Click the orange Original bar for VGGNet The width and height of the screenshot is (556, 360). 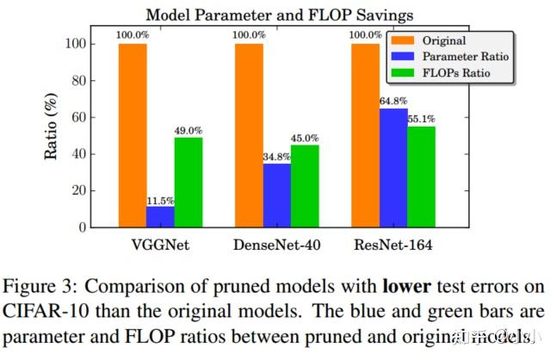point(133,135)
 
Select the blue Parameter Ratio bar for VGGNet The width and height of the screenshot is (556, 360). point(159,216)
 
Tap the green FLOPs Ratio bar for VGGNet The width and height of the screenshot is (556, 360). point(188,182)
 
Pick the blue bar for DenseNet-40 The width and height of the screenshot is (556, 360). point(276,195)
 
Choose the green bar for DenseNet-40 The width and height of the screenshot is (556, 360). point(304,186)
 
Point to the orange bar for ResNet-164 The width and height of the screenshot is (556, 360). point(364,135)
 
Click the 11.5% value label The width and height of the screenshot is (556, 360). point(160,199)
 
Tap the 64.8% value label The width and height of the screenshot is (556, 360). point(392,101)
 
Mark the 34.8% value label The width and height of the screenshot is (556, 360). point(276,156)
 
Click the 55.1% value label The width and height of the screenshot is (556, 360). point(421,119)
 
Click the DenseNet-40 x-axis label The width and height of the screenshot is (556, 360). point(277,245)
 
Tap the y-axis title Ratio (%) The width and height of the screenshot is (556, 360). point(51,134)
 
